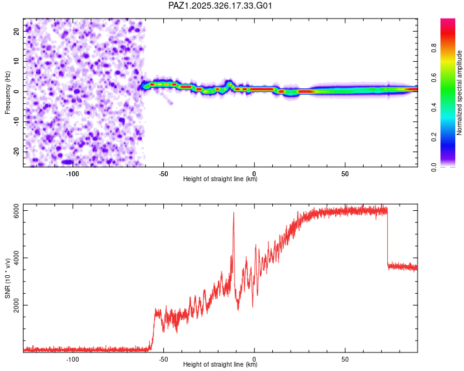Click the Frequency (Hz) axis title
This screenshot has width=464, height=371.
[x=7, y=92]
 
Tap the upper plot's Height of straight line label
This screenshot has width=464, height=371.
[x=220, y=179]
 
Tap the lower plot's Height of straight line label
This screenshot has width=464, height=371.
[x=220, y=364]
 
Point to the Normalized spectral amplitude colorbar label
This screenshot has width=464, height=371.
[x=460, y=93]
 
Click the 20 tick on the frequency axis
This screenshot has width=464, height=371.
[x=17, y=31]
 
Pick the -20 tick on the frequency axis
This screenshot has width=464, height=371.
[x=15, y=151]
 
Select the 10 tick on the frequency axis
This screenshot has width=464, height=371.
[x=17, y=61]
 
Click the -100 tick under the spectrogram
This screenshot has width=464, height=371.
[x=73, y=173]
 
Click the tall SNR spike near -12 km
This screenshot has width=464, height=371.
[x=233, y=214]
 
